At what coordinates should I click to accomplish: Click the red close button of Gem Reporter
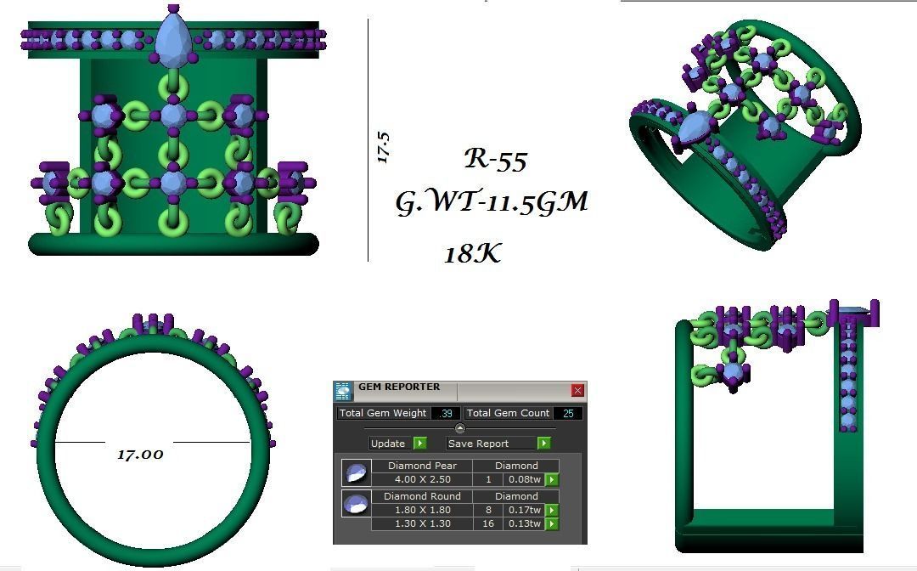pyautogui.click(x=577, y=391)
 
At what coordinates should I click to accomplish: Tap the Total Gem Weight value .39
pyautogui.click(x=445, y=413)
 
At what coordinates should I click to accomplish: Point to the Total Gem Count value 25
pyautogui.click(x=567, y=413)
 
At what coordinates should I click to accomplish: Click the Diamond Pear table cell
pyautogui.click(x=422, y=466)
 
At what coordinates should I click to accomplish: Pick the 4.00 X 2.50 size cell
pyautogui.click(x=422, y=479)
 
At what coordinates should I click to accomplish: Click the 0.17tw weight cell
pyautogui.click(x=524, y=510)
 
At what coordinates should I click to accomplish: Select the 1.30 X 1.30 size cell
pyautogui.click(x=422, y=523)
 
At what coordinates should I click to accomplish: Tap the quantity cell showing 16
pyautogui.click(x=487, y=523)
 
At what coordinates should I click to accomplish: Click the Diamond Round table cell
pyautogui.click(x=422, y=496)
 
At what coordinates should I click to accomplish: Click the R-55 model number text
pyautogui.click(x=495, y=160)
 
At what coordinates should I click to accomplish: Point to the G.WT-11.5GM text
pyautogui.click(x=492, y=202)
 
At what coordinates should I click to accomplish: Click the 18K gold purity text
pyautogui.click(x=472, y=253)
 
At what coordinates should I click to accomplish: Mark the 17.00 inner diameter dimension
pyautogui.click(x=140, y=454)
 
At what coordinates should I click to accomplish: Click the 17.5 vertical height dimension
pyautogui.click(x=383, y=147)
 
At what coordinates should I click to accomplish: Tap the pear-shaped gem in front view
pyautogui.click(x=173, y=39)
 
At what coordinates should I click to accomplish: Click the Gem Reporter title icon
pyautogui.click(x=343, y=391)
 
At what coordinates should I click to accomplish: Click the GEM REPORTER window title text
pyautogui.click(x=399, y=387)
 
